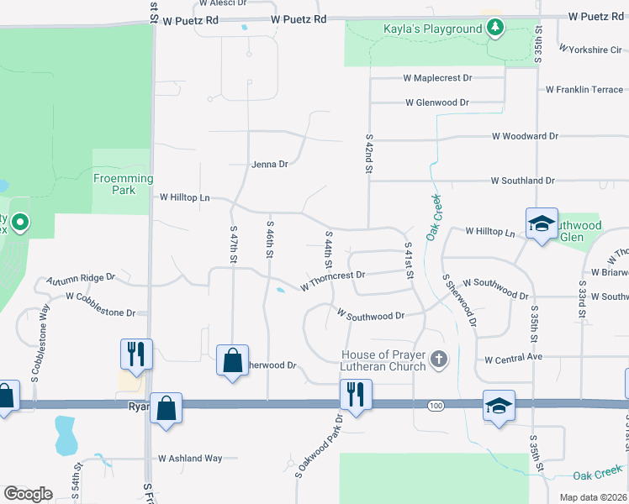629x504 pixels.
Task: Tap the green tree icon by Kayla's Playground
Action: (495, 29)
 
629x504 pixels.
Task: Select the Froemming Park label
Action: (123, 184)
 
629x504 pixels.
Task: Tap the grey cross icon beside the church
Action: (438, 360)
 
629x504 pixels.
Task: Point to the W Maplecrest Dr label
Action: (437, 78)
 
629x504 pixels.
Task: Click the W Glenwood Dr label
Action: (436, 102)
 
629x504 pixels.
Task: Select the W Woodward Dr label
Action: (525, 136)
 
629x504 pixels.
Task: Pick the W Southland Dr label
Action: (522, 181)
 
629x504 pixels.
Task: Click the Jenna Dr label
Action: (270, 165)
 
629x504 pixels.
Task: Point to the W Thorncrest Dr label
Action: (333, 281)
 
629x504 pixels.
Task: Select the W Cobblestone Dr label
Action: (101, 305)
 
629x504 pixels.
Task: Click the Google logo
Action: (28, 494)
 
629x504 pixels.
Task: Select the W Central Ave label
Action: (514, 359)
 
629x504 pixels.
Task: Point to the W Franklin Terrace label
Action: (584, 90)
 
